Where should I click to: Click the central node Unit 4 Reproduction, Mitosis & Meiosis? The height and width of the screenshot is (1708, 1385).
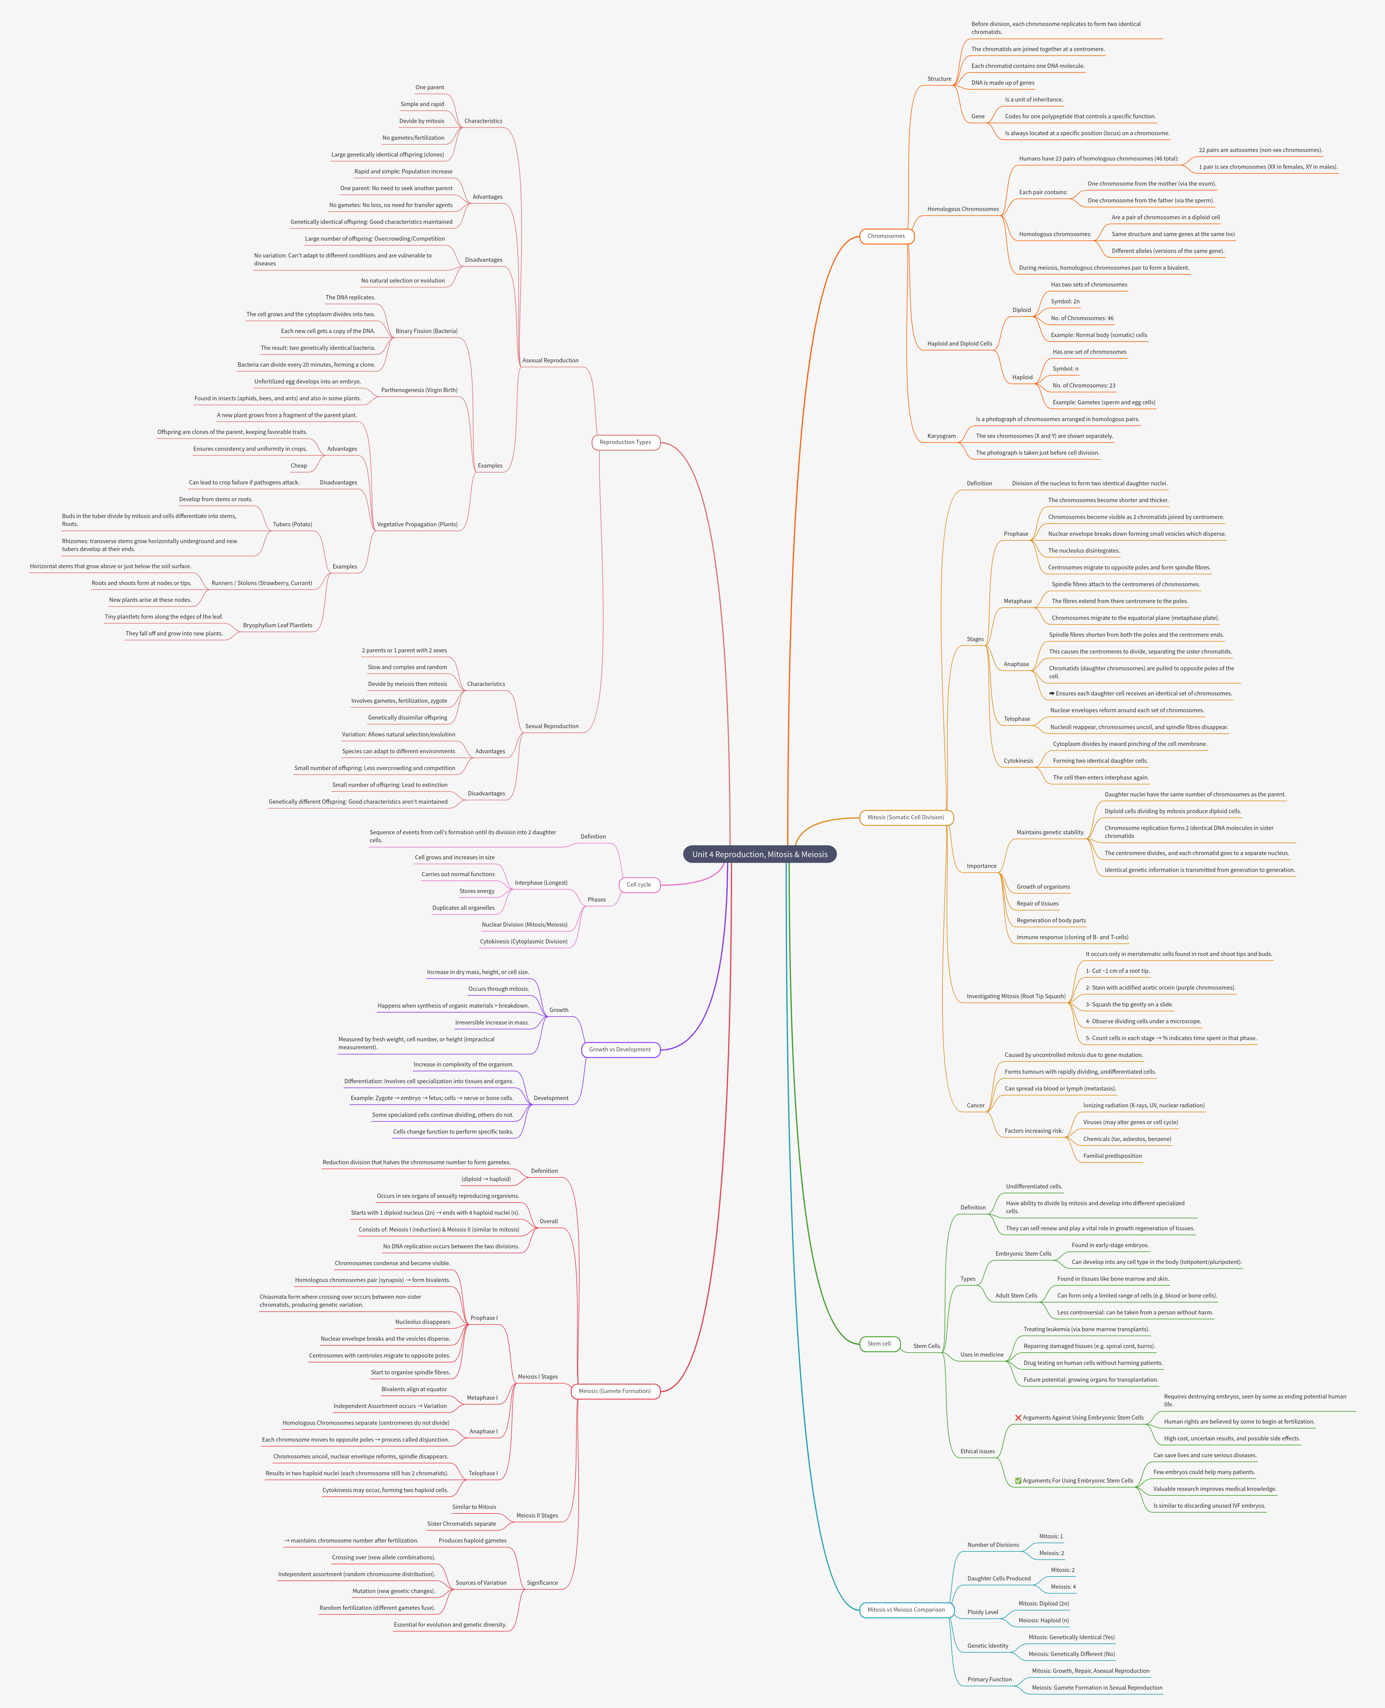(760, 854)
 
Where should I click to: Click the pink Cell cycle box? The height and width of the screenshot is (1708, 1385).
(638, 885)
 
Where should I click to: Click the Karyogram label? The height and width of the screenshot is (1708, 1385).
(941, 436)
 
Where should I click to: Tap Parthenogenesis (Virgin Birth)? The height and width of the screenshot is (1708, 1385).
(419, 390)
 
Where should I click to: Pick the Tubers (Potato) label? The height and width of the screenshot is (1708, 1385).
(292, 524)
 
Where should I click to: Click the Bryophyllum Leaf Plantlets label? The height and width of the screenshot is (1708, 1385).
(278, 625)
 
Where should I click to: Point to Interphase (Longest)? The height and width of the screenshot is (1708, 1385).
(541, 883)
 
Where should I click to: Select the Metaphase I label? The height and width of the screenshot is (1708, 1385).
(482, 1398)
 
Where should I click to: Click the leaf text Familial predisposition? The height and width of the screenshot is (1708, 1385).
(1112, 1156)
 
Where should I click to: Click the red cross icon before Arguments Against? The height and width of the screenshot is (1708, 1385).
(1018, 1417)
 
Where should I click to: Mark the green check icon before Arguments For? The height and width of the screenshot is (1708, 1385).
(1018, 1481)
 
